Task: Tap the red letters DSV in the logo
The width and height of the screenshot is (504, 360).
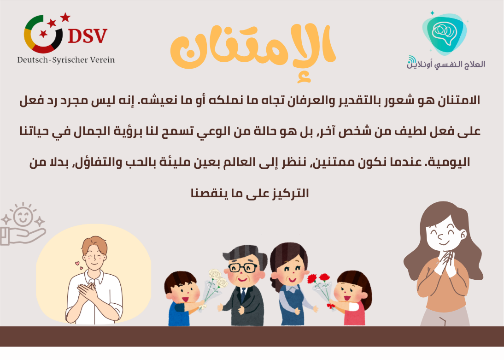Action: pyautogui.click(x=87, y=35)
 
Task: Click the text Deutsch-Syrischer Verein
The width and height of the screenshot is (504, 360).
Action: pyautogui.click(x=66, y=60)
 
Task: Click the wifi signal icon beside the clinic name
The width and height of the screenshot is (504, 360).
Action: pyautogui.click(x=411, y=60)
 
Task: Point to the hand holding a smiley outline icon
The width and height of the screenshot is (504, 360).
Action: pyautogui.click(x=23, y=226)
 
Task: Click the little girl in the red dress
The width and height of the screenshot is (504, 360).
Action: pyautogui.click(x=351, y=300)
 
